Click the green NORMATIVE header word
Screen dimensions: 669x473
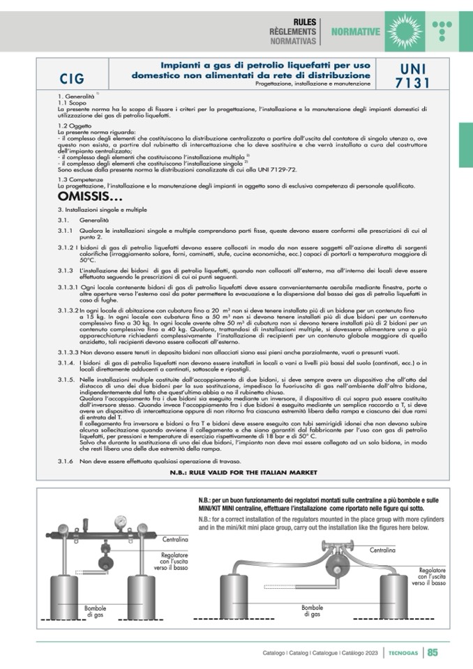tap(356, 32)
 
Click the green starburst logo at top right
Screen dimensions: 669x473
tap(402, 27)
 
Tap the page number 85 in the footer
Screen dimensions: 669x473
tap(433, 653)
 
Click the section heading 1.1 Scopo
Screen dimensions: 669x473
tap(73, 103)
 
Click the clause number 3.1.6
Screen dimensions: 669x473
tap(66, 461)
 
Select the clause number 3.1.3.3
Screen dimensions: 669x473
tap(70, 352)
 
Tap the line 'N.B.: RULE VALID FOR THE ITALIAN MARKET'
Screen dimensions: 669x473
tap(243, 472)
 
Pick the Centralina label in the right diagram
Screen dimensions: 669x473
tap(382, 550)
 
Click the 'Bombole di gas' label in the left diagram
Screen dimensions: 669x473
tap(95, 611)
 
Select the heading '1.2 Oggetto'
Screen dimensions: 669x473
tap(75, 125)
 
